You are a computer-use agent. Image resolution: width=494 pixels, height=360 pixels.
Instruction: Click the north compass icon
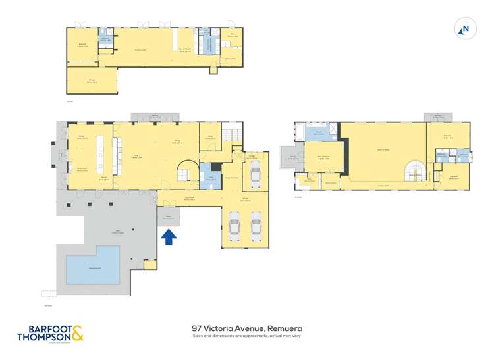tap(465, 28)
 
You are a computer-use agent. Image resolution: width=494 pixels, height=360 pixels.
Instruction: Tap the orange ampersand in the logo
tap(77, 334)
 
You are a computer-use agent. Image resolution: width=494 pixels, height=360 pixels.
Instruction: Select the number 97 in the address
tap(196, 328)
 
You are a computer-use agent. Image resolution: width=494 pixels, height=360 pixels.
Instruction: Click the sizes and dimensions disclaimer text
tap(246, 336)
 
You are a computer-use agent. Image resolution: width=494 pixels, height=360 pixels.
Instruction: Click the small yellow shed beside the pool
tap(150, 264)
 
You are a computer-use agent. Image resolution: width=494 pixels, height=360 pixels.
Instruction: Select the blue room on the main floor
tap(209, 175)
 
